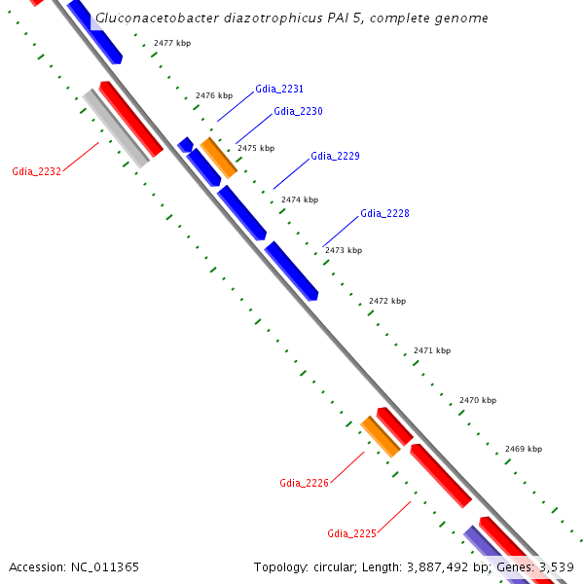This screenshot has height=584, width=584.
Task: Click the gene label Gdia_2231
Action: point(279,89)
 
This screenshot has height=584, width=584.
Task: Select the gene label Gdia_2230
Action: point(298,111)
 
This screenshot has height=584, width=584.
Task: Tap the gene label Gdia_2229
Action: point(335,156)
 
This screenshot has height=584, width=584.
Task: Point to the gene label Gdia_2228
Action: point(384,213)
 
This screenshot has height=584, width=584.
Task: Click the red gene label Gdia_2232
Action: point(37,171)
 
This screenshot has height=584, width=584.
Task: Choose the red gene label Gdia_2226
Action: point(304,483)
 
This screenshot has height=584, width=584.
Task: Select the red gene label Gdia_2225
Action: point(351,533)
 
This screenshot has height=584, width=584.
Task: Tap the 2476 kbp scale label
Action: point(214,95)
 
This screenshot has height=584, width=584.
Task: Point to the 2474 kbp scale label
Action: point(300,200)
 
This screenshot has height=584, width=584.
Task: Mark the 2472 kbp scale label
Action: point(387,301)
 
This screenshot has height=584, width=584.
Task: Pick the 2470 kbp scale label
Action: point(478,400)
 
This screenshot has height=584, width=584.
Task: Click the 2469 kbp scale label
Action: point(524,449)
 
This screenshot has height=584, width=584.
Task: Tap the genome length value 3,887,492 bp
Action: point(435,566)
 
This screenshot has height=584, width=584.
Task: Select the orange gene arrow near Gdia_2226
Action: point(381,437)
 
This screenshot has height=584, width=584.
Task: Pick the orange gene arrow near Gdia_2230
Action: point(219,158)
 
